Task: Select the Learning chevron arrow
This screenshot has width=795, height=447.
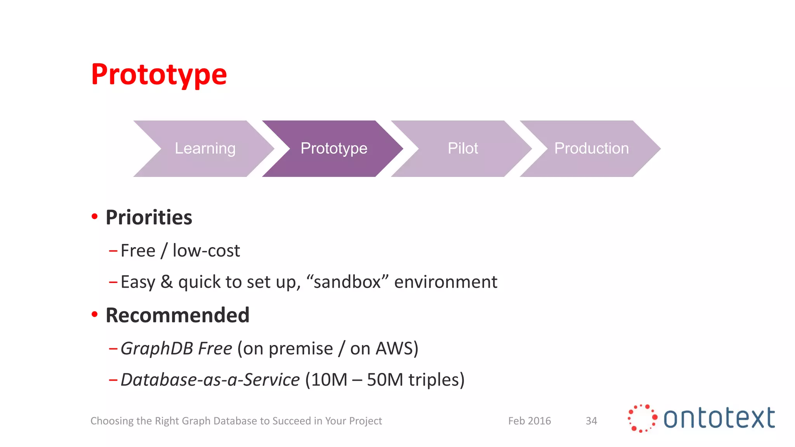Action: pyautogui.click(x=205, y=149)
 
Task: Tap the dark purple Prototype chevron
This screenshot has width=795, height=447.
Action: pyautogui.click(x=333, y=149)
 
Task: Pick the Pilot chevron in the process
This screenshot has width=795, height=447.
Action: pyautogui.click(x=462, y=149)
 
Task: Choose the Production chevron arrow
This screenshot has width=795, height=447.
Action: pyautogui.click(x=591, y=149)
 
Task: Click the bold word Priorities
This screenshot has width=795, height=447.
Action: pyautogui.click(x=149, y=217)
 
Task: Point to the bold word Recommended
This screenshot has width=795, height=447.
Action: pyautogui.click(x=177, y=315)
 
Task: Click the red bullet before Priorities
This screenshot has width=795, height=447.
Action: pyautogui.click(x=94, y=216)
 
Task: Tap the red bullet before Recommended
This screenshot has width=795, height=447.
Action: pyautogui.click(x=94, y=314)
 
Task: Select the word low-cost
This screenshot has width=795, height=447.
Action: pyautogui.click(x=206, y=251)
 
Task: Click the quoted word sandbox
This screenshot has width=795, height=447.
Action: pyautogui.click(x=347, y=282)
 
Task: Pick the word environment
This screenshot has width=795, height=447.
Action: pyautogui.click(x=445, y=282)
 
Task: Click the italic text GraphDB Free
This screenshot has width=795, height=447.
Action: pyautogui.click(x=176, y=348)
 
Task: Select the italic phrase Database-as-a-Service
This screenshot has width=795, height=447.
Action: pyautogui.click(x=210, y=379)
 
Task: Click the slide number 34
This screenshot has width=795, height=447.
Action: pyautogui.click(x=591, y=421)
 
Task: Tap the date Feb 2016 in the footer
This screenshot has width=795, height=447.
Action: pyautogui.click(x=529, y=421)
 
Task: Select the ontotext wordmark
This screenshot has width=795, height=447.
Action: pyautogui.click(x=719, y=418)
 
